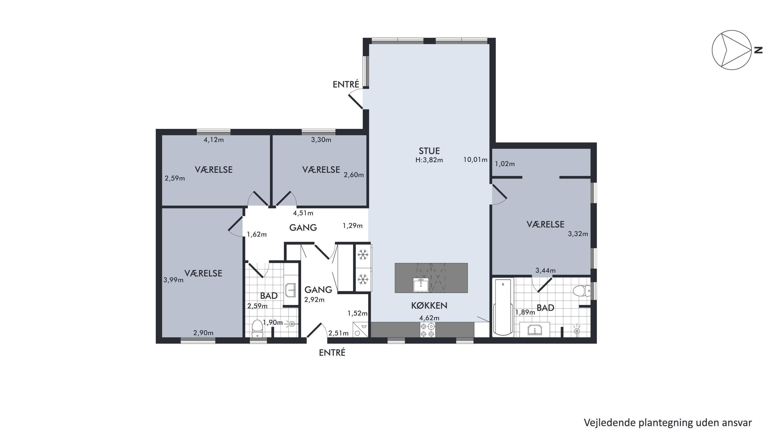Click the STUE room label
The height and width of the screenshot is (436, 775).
click(x=429, y=151)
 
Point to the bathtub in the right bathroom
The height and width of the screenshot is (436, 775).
click(x=503, y=307)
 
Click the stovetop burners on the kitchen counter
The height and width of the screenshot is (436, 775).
click(x=428, y=330)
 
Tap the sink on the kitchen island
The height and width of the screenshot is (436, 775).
click(x=421, y=285)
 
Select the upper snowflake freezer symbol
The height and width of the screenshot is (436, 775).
click(x=363, y=255)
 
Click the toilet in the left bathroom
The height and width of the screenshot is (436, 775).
click(x=257, y=329)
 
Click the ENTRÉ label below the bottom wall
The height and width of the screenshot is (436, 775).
click(x=332, y=353)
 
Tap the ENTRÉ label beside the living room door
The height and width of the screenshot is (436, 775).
click(x=346, y=84)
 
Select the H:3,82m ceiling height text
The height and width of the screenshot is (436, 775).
click(x=429, y=160)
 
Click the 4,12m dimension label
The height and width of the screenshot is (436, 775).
click(x=214, y=140)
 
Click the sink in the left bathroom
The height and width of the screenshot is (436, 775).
click(x=291, y=290)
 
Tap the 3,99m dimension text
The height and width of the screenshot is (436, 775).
click(x=173, y=280)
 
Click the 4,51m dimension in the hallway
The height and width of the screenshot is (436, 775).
click(x=303, y=213)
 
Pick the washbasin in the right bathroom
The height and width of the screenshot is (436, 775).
click(x=535, y=330)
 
